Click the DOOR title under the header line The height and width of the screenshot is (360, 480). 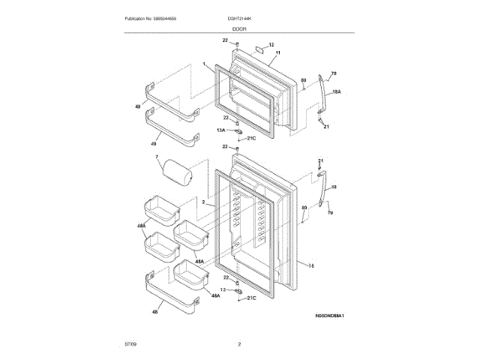pyautogui.click(x=239, y=28)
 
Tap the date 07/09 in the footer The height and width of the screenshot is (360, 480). pyautogui.click(x=123, y=344)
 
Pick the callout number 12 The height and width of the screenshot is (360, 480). pyautogui.click(x=271, y=45)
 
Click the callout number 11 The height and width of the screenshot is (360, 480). pyautogui.click(x=277, y=53)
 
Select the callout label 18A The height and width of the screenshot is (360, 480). pyautogui.click(x=337, y=91)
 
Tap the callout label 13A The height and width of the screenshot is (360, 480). pyautogui.click(x=221, y=130)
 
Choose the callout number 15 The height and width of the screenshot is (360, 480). pyautogui.click(x=310, y=264)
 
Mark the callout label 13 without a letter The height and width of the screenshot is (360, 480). pyautogui.click(x=223, y=289)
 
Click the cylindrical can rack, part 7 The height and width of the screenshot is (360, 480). pyautogui.click(x=178, y=173)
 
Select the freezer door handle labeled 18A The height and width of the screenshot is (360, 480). pyautogui.click(x=322, y=94)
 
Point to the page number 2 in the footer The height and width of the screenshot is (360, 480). pyautogui.click(x=239, y=344)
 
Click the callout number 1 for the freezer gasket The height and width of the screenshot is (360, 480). pyautogui.click(x=202, y=65)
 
